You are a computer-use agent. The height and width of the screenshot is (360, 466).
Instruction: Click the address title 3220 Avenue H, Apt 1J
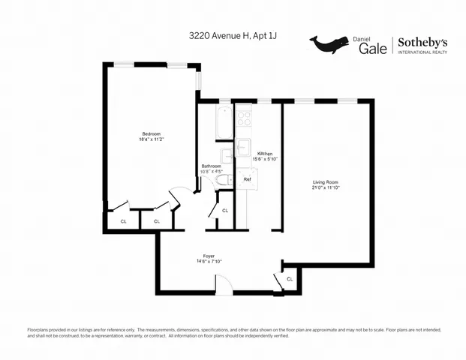click(x=233, y=35)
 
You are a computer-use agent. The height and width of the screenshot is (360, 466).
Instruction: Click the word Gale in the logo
click(x=372, y=47)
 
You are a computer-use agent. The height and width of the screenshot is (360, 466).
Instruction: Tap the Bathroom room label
click(x=211, y=166)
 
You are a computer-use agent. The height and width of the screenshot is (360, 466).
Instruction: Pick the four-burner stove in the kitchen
click(x=245, y=117)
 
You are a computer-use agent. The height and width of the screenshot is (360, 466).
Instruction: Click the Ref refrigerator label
click(x=247, y=180)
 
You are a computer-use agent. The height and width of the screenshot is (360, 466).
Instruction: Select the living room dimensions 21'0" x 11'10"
click(x=326, y=188)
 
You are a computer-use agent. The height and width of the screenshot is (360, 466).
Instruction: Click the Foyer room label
click(x=209, y=256)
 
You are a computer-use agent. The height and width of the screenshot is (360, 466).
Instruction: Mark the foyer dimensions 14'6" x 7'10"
click(x=209, y=262)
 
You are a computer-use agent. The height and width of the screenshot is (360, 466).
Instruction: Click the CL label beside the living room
click(x=290, y=279)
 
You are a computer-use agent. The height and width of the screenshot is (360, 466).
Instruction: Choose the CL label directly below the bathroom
click(x=225, y=211)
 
